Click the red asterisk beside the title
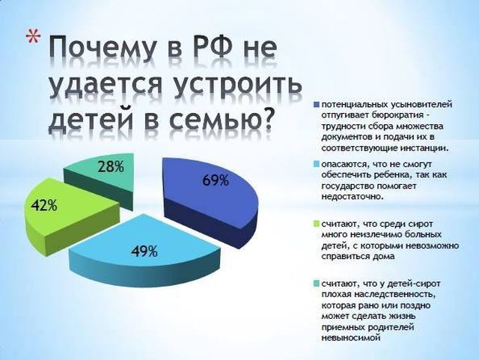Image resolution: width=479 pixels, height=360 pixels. (33, 37)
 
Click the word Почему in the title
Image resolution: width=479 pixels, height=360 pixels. (102, 47)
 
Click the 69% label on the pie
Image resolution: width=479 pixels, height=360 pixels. (216, 180)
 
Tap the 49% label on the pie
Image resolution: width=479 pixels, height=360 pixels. (144, 251)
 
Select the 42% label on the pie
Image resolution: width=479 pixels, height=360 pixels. (44, 206)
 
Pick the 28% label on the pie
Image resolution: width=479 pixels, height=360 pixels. (111, 167)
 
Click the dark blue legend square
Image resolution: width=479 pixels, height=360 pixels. (316, 105)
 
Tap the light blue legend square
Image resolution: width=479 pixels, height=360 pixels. (316, 165)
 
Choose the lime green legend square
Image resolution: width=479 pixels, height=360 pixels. (316, 225)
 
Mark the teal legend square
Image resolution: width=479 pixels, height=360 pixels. (316, 284)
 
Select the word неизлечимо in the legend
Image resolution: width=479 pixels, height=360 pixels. (373, 235)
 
